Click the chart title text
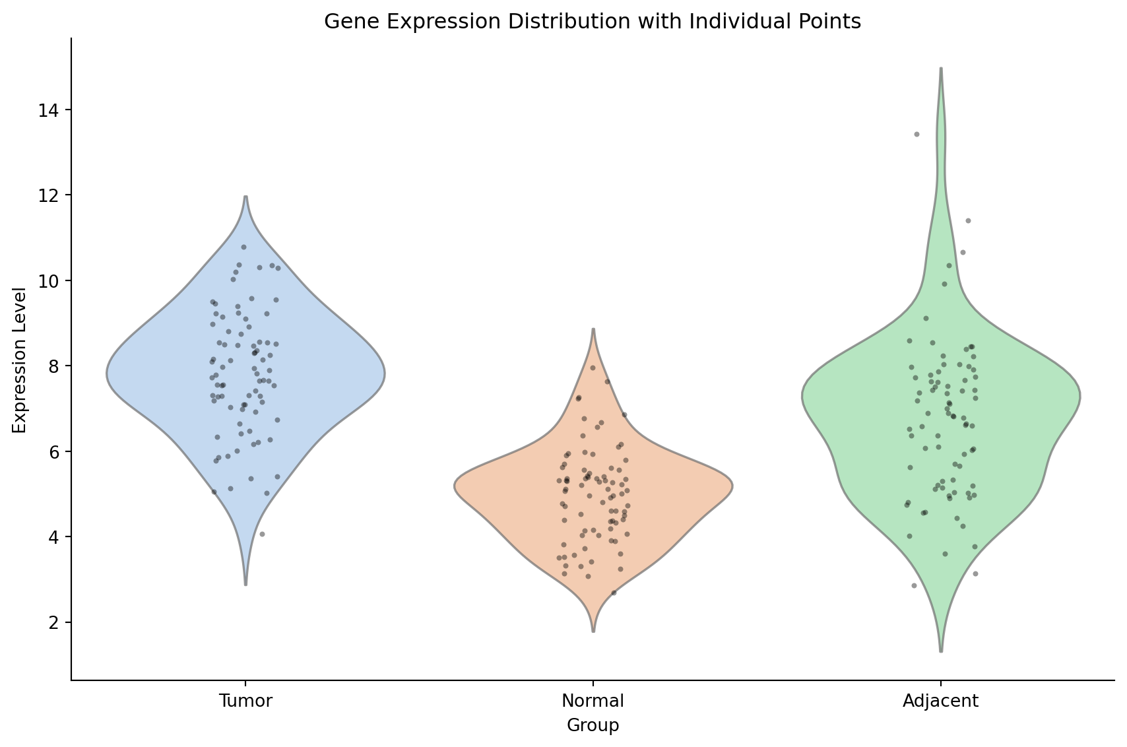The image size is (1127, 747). pos(592,22)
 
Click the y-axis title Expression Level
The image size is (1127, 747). pos(20,360)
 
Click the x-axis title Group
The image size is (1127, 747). pos(593,725)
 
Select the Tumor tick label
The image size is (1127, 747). pos(245,701)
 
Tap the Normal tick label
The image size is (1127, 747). pos(593,701)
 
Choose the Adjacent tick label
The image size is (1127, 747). pos(940,701)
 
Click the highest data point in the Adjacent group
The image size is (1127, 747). pos(916,134)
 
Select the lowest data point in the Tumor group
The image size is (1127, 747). pos(262,534)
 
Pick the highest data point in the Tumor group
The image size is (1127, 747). pos(243,247)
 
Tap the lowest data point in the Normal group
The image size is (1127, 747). pos(614,593)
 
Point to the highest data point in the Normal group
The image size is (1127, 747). pos(593,368)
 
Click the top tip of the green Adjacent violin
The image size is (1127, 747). pos(940,68)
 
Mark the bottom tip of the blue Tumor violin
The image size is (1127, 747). pos(245,585)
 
